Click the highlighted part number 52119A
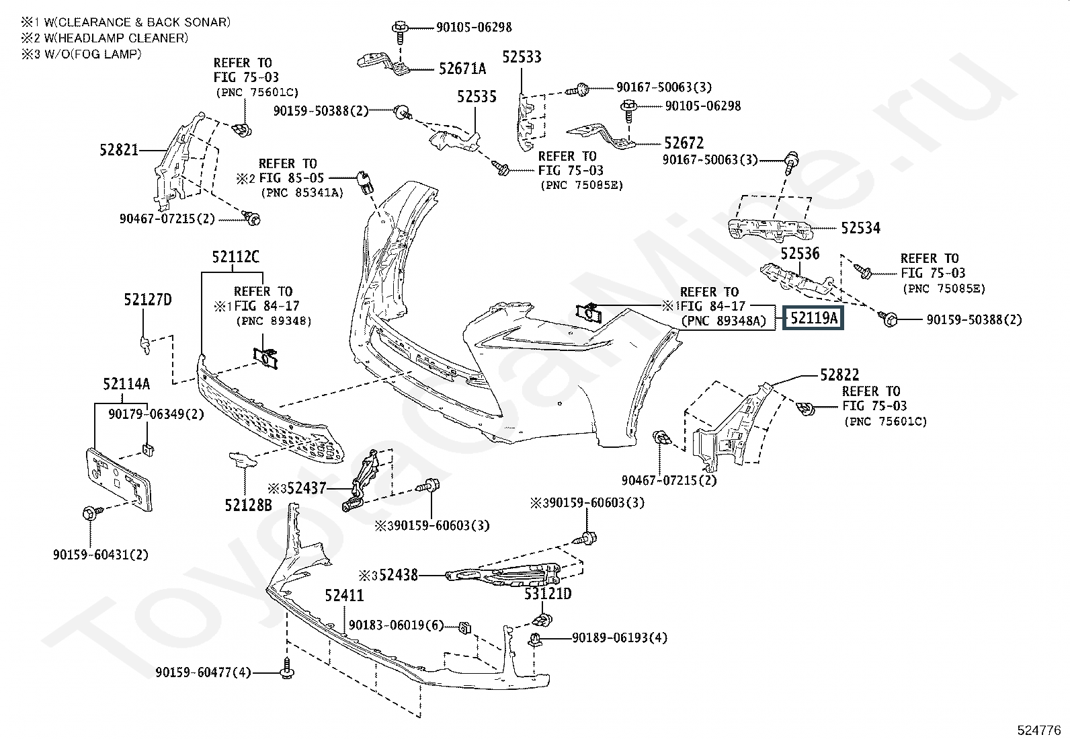[813, 317]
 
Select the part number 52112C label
[235, 256]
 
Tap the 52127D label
[147, 300]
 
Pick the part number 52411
[344, 595]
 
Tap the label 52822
[839, 375]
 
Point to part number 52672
[684, 143]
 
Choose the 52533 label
[522, 57]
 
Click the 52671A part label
[462, 69]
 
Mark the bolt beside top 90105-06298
[399, 28]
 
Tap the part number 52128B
[249, 504]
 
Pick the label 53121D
[548, 594]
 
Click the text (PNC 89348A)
[723, 321]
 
